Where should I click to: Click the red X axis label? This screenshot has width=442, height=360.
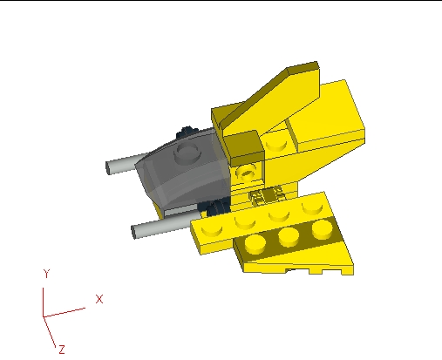(x=99, y=299)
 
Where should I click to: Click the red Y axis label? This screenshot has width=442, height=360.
(x=45, y=273)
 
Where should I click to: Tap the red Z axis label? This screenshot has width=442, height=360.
(x=62, y=349)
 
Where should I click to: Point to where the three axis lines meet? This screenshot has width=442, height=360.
(x=44, y=315)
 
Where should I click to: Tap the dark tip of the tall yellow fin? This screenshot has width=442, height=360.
(x=301, y=69)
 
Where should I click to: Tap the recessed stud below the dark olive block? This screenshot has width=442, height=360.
(x=248, y=172)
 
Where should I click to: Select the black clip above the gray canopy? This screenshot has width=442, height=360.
(x=185, y=133)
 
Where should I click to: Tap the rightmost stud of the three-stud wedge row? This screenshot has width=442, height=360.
(x=323, y=228)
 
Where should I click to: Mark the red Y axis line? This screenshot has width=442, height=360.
(x=44, y=296)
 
